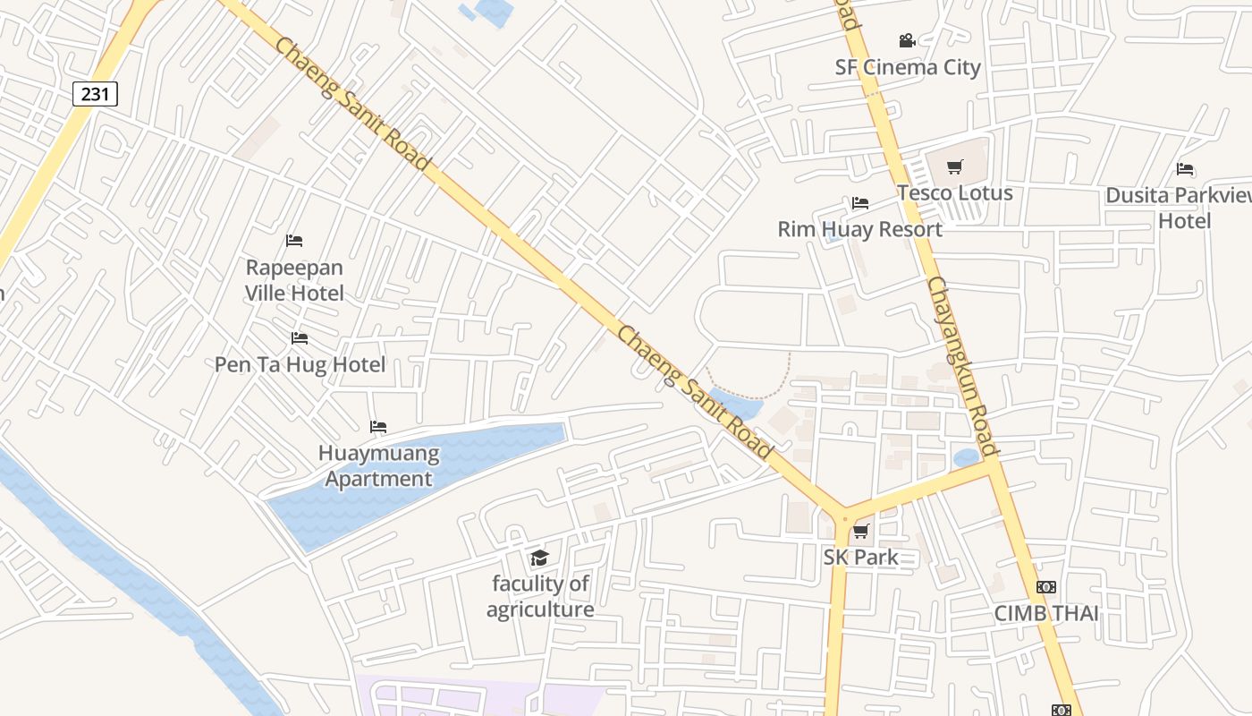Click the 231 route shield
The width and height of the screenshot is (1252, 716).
(x=95, y=93)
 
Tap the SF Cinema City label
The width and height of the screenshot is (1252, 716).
(x=908, y=67)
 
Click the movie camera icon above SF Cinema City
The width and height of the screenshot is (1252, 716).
(x=907, y=41)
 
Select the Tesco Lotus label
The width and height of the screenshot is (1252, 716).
(x=955, y=192)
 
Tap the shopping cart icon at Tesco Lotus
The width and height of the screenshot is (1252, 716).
(x=955, y=166)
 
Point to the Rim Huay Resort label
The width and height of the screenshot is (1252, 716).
(x=859, y=229)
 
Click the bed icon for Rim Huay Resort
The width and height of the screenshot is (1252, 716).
(x=860, y=203)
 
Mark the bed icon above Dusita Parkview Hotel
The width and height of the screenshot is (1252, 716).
(x=1185, y=169)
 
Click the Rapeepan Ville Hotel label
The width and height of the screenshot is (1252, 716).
(x=294, y=279)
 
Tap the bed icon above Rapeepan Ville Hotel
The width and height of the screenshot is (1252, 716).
(x=294, y=241)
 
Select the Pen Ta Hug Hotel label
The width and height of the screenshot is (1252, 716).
(x=300, y=364)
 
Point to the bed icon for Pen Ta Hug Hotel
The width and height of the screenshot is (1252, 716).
(x=300, y=338)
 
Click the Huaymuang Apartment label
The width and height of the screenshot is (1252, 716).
(x=378, y=465)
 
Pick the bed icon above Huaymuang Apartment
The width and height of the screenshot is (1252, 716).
(x=378, y=427)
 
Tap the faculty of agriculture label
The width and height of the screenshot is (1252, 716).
(x=540, y=596)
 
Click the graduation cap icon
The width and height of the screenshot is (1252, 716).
(x=539, y=558)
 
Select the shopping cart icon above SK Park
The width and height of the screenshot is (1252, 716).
(x=860, y=532)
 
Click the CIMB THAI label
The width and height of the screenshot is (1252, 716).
(x=1046, y=614)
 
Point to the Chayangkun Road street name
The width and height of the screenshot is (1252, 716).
(x=962, y=367)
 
